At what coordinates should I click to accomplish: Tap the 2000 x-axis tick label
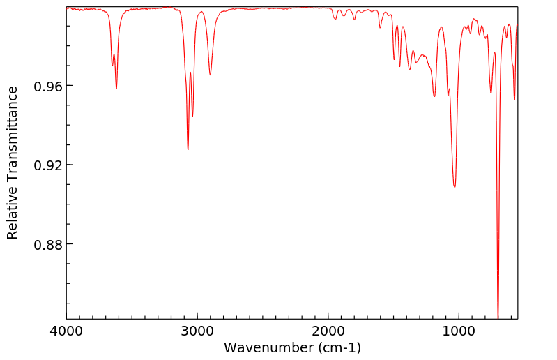click(328, 331)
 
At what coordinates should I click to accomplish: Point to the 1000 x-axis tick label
click(459, 331)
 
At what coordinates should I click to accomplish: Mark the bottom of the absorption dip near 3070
click(188, 149)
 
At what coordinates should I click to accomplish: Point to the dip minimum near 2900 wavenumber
click(211, 75)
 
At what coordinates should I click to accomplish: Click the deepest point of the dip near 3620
click(116, 88)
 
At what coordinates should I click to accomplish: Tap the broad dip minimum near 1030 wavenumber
click(455, 187)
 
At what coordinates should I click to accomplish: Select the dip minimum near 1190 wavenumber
click(434, 96)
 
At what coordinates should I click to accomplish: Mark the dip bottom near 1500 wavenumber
click(394, 60)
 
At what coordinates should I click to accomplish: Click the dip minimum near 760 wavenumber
click(491, 93)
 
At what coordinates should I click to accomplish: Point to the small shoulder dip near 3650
click(112, 66)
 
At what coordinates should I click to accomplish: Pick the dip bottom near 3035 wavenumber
click(192, 117)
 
